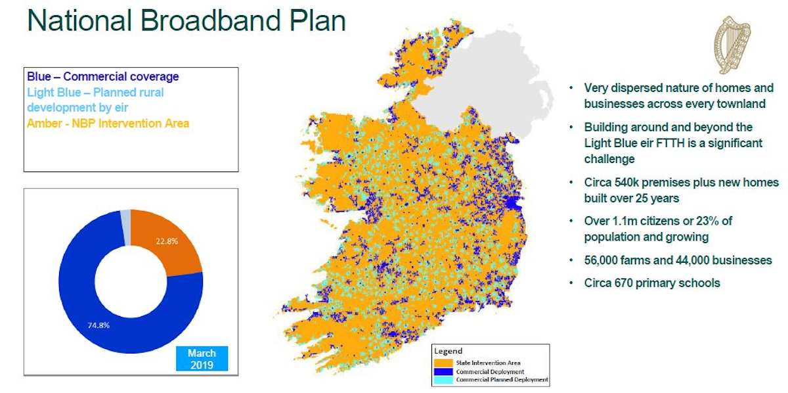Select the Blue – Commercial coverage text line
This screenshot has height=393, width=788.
tap(102, 77)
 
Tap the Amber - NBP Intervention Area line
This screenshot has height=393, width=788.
tap(108, 123)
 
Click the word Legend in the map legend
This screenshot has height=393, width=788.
tap(448, 352)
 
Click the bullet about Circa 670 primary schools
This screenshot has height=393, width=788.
tap(651, 283)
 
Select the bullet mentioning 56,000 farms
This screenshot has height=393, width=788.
tap(678, 260)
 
